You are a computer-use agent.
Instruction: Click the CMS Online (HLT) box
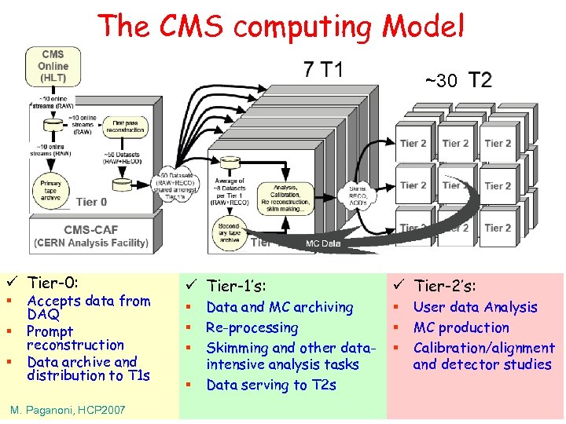coord(53,66)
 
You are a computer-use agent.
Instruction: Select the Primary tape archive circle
coord(51,188)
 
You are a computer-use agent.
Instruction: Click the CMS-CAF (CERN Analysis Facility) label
coord(90,236)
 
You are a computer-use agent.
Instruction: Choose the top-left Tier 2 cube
coord(413,144)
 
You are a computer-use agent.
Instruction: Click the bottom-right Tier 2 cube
coord(498,228)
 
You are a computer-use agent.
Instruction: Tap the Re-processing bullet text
coord(252,327)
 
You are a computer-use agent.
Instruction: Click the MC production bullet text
coord(461,327)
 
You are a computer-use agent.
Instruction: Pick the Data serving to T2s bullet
coord(270,385)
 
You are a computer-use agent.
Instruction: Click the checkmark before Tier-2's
coord(399,286)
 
